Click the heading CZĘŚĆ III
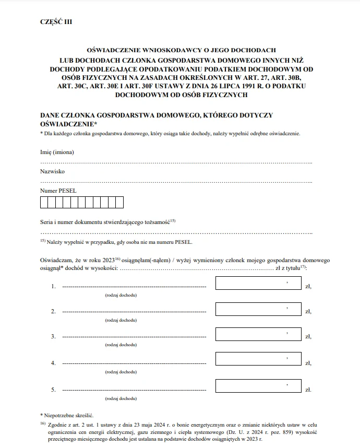[x=56, y=21]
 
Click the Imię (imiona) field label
[x=57, y=152]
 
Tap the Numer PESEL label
[x=58, y=191]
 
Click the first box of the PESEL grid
[x=44, y=203]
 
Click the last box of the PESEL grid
[x=119, y=203]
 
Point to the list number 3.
[x=53, y=337]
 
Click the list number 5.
[x=53, y=389]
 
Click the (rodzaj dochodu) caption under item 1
[x=121, y=296]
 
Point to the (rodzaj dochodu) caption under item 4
[x=121, y=372]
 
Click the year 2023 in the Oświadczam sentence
[x=107, y=260]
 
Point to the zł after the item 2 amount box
[x=308, y=312]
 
